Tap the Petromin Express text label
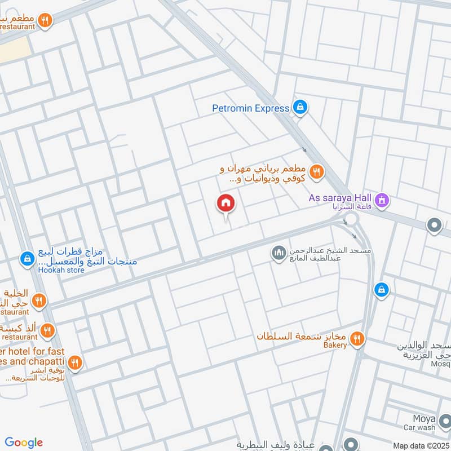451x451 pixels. pyautogui.click(x=250, y=108)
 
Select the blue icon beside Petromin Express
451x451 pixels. pyautogui.click(x=300, y=107)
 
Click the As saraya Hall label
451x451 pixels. pyautogui.click(x=340, y=198)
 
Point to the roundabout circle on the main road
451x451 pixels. pyautogui.click(x=351, y=219)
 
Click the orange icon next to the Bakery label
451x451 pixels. pyautogui.click(x=356, y=339)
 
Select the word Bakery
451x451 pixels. pyautogui.click(x=335, y=346)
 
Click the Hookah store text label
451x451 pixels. pyautogui.click(x=61, y=270)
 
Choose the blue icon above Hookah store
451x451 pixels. pyautogui.click(x=26, y=259)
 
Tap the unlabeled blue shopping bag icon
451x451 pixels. pyautogui.click(x=382, y=290)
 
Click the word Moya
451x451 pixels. pyautogui.click(x=422, y=419)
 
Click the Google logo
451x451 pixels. pyautogui.click(x=24, y=443)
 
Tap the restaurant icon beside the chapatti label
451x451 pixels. pyautogui.click(x=75, y=362)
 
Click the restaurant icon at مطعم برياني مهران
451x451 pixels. pyautogui.click(x=317, y=172)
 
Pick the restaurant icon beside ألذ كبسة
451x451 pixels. pyautogui.click(x=47, y=330)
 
